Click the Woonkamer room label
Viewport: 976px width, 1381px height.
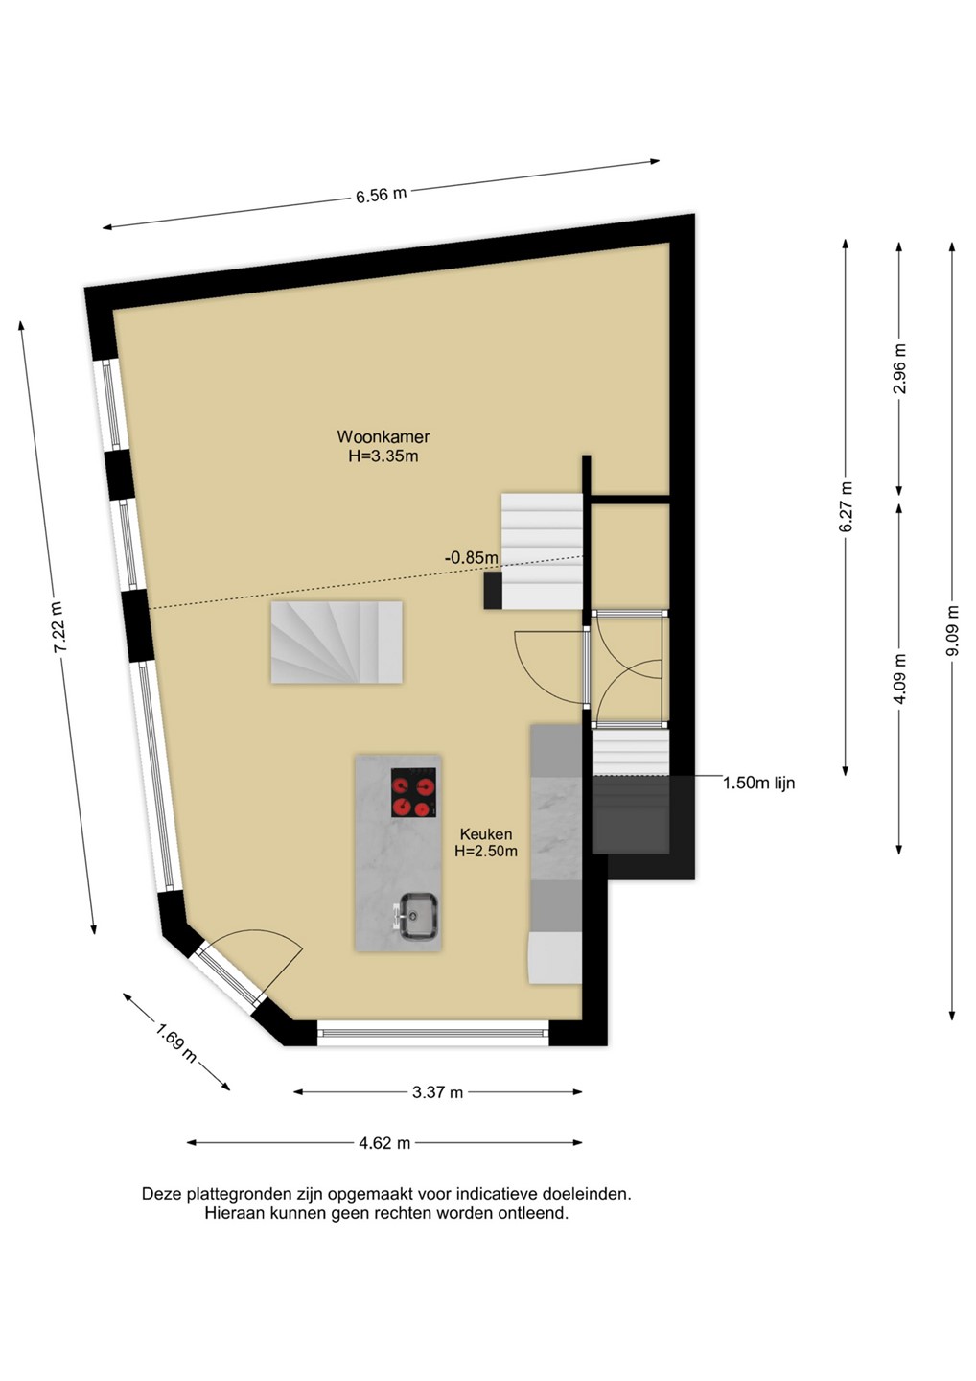tap(383, 436)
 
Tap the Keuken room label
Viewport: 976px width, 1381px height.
tap(486, 834)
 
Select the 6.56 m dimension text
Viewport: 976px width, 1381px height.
tap(382, 195)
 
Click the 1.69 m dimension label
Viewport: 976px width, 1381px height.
tap(176, 1042)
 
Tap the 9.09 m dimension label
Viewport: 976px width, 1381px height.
tap(952, 631)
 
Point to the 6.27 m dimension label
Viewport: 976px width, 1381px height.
tap(846, 506)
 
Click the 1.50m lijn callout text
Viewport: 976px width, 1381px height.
tap(758, 783)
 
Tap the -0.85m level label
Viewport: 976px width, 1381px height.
tap(472, 558)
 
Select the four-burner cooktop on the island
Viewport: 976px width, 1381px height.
tap(413, 792)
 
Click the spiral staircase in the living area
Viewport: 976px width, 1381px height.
tap(337, 643)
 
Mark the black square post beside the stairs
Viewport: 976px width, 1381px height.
tap(494, 590)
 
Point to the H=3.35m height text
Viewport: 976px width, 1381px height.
tap(383, 456)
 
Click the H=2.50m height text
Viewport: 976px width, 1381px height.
tap(486, 852)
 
